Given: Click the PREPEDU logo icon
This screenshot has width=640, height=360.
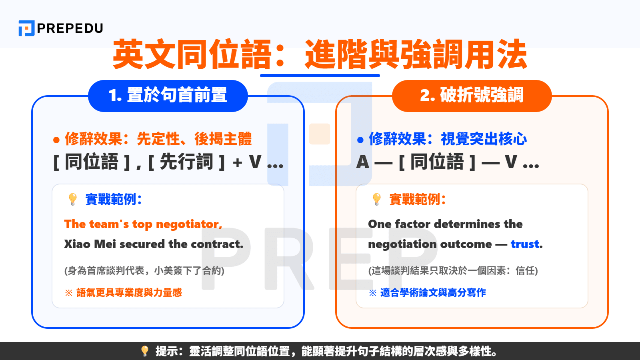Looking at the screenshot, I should point(26,28).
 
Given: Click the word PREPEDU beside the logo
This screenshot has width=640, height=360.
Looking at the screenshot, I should point(70,28).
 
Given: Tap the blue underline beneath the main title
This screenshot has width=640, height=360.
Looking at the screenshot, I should point(320,75).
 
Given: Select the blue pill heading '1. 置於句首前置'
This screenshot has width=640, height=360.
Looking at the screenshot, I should point(168,96).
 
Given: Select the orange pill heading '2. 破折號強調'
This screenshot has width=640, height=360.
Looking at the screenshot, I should point(472,96).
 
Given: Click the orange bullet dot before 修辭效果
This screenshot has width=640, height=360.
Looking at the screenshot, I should point(56,140).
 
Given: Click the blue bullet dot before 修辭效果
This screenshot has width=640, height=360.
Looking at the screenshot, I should point(360,140).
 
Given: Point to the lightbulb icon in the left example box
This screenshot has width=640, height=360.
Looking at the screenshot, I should point(72,199).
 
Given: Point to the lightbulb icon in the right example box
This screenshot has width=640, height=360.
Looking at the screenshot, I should point(376,199).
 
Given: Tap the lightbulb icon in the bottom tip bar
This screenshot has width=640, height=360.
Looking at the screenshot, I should point(145,351).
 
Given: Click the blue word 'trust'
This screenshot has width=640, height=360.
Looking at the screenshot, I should point(525,244).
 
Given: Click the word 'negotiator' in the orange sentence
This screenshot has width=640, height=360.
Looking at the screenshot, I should point(188,224).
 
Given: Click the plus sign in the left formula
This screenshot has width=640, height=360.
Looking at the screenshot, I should point(238,163).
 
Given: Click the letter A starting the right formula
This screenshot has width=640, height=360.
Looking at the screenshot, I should point(363,162).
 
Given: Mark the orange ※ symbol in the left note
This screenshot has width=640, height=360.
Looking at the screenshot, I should point(68,293).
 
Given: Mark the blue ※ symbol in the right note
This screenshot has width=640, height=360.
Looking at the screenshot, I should point(372,293).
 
